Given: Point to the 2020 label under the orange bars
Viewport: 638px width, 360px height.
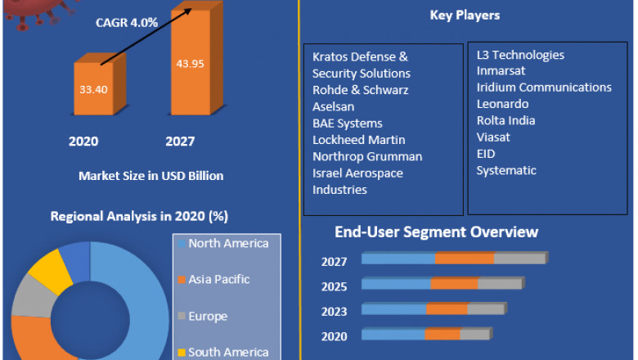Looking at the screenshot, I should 83,142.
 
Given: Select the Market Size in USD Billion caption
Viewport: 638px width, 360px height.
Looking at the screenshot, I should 151,176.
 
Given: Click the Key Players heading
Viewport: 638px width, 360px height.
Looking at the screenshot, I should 465,16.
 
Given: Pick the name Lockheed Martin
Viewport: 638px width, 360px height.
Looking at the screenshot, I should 358,140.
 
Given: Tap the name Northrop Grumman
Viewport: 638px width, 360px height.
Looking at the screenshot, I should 367,156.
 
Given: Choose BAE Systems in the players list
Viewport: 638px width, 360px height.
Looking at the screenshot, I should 347,124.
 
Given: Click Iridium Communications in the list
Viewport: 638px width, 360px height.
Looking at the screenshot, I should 544,88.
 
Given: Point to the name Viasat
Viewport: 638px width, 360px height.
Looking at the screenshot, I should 494,137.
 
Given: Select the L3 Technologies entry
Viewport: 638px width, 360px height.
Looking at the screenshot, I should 520,55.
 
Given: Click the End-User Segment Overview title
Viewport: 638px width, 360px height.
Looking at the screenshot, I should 436,232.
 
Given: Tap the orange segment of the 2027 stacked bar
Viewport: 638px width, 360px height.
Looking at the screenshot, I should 464,259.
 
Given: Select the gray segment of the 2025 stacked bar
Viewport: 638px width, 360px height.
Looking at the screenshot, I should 499,284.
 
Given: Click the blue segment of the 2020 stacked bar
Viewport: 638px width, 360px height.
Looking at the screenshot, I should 393,334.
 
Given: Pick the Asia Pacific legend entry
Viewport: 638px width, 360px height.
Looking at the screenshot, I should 218,280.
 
